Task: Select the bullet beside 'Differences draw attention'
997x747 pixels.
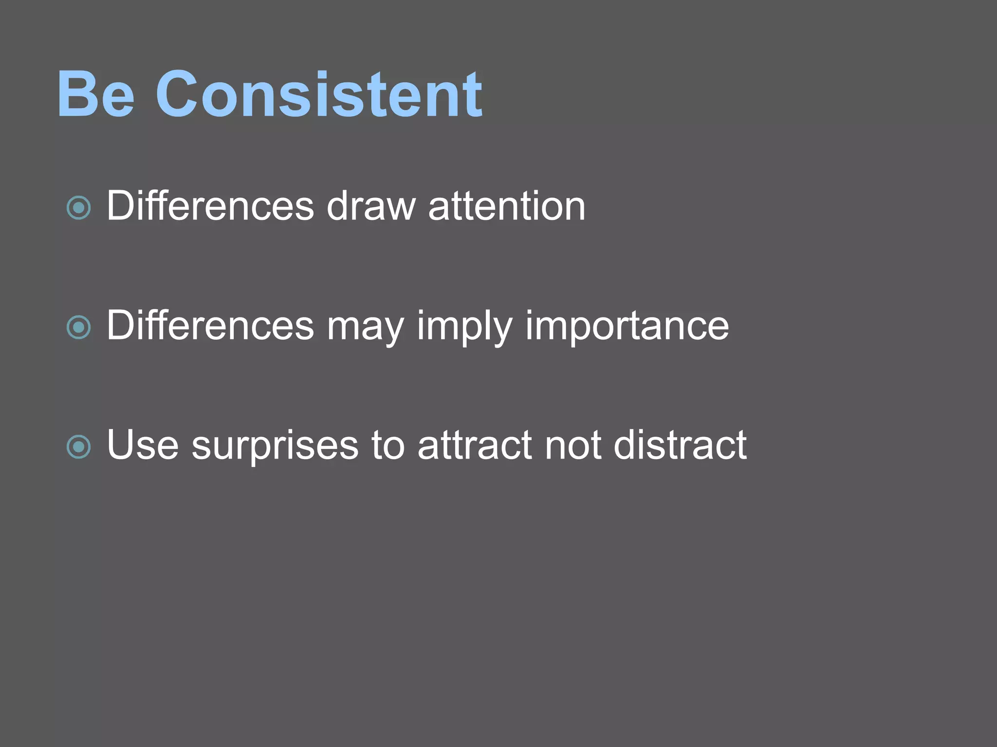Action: point(78,208)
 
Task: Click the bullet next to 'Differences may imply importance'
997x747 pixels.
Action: point(78,327)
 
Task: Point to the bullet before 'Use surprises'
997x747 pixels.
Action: point(78,446)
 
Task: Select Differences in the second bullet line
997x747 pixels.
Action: point(210,325)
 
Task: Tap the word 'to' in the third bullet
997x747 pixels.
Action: point(388,445)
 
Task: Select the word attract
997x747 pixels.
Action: point(475,445)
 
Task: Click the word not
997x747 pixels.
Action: point(572,445)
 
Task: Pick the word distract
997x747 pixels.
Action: point(680,445)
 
